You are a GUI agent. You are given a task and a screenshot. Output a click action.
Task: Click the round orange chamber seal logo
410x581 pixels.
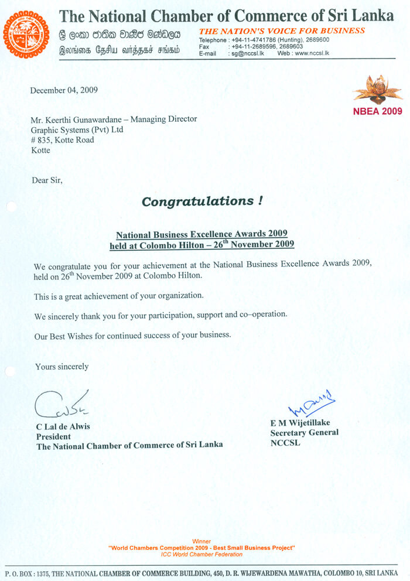(x=26, y=35)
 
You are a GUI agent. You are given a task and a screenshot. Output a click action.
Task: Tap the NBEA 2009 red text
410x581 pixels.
(x=378, y=111)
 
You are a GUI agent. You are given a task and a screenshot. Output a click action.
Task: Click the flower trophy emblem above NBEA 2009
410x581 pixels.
(x=378, y=90)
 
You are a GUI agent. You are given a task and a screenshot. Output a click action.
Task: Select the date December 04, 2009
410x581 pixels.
(x=64, y=90)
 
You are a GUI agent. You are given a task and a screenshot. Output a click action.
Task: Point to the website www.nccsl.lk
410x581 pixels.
(x=312, y=53)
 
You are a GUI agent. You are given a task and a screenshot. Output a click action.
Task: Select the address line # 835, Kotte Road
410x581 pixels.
(x=62, y=140)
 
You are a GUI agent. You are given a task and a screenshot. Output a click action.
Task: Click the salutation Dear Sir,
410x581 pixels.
(x=47, y=180)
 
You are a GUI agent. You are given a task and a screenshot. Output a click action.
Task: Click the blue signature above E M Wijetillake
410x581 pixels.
(x=312, y=404)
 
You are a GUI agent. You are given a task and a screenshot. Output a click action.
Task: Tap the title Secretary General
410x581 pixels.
(x=304, y=433)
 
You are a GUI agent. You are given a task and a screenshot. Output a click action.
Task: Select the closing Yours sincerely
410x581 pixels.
(x=61, y=367)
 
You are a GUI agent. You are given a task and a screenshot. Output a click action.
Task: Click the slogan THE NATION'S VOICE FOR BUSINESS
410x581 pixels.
(x=282, y=30)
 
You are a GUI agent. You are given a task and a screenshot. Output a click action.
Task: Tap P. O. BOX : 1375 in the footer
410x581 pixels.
(x=28, y=572)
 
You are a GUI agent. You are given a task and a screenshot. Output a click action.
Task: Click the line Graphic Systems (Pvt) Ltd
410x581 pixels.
(x=77, y=129)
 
